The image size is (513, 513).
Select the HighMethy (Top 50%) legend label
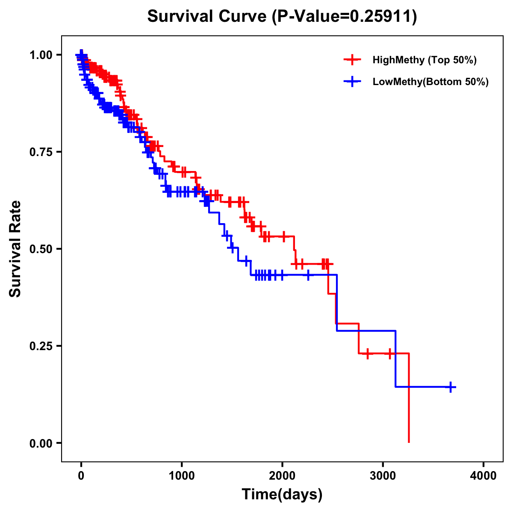tap(424, 60)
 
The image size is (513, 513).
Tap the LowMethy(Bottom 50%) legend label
tap(430, 82)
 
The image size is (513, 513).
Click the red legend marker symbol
tap(352, 60)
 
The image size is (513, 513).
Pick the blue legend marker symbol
tap(352, 82)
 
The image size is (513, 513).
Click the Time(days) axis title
tap(282, 495)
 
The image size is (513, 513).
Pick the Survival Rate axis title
tap(15, 249)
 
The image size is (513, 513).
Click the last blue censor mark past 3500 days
tap(450, 387)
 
